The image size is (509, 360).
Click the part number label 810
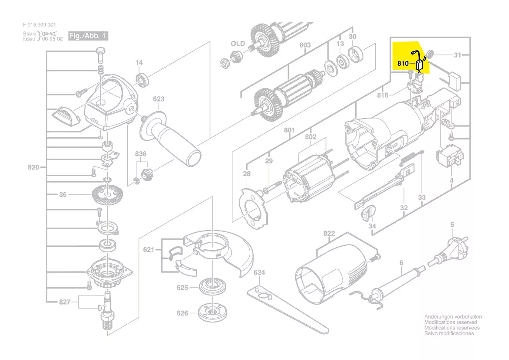403,63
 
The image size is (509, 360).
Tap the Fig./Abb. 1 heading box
88,36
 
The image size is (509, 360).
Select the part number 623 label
159,99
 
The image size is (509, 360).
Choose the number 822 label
329,234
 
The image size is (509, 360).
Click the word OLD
238,44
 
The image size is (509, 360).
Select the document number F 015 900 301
39,25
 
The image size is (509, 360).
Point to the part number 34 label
372,226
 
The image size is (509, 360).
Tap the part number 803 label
305,45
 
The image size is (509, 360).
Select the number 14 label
139,63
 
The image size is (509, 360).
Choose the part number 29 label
269,161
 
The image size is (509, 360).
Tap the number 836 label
140,154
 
